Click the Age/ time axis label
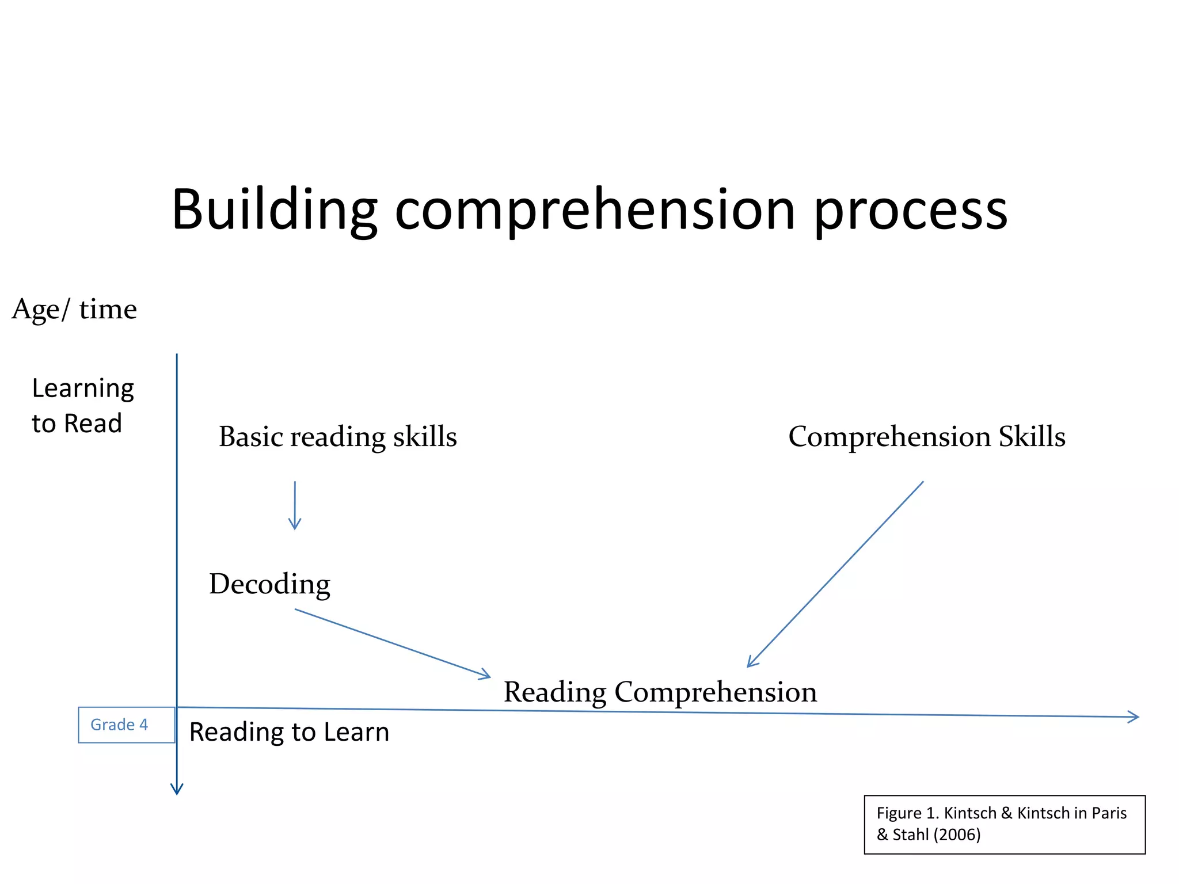coord(74,309)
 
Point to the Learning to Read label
coord(82,406)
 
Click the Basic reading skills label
coord(338,436)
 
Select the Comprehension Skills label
coord(927,436)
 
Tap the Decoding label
coord(269,584)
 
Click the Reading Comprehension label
coord(660,691)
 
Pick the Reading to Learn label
coord(289,732)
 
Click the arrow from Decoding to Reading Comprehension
coord(391,643)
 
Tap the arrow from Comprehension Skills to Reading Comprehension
coord(835,574)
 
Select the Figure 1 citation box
coord(1005,824)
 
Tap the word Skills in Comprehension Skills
coord(1032,436)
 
